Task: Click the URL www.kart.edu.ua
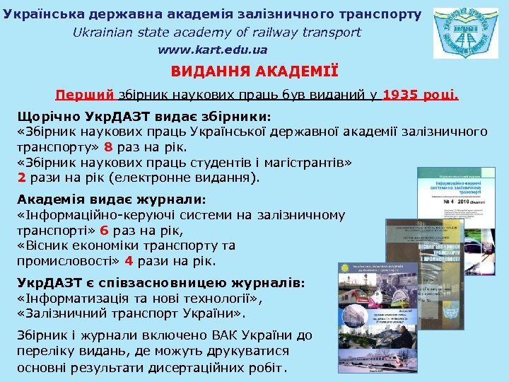212,50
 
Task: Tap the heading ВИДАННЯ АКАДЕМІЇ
255,72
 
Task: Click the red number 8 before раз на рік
108,148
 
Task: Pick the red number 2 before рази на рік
22,178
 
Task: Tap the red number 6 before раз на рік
104,230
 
